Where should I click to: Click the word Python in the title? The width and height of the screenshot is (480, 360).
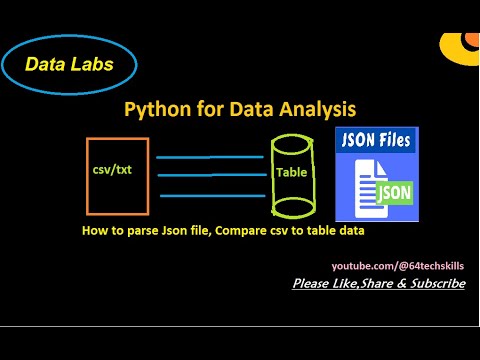(153, 109)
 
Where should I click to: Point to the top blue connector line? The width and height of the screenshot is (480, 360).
(210, 157)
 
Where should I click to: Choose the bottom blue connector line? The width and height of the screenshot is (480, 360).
(210, 196)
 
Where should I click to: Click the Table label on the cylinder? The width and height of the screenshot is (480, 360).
(292, 172)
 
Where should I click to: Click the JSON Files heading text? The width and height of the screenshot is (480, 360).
(377, 141)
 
